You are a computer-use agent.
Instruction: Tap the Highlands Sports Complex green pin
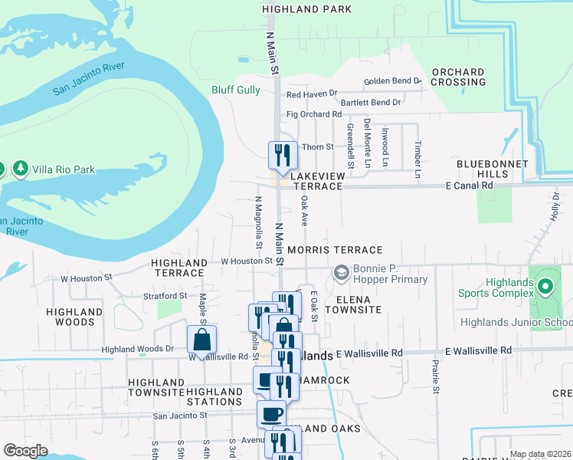(x=545, y=287)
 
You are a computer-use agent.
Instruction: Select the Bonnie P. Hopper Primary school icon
(x=340, y=273)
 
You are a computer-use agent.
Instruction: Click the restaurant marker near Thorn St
(x=283, y=155)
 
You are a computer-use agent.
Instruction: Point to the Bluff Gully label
(x=236, y=90)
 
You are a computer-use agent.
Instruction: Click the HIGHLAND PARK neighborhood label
(x=306, y=9)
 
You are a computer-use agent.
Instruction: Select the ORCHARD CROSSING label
(x=458, y=77)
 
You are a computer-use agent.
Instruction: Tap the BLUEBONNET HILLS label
(x=492, y=169)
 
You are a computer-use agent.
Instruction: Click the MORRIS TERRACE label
(x=335, y=250)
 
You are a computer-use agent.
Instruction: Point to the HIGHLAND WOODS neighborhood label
(x=74, y=317)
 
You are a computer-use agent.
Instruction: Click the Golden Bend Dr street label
(x=392, y=80)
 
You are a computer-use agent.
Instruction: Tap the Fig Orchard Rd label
(x=313, y=114)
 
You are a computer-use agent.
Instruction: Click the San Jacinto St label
(x=180, y=416)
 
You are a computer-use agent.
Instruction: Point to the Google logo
(x=25, y=451)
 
